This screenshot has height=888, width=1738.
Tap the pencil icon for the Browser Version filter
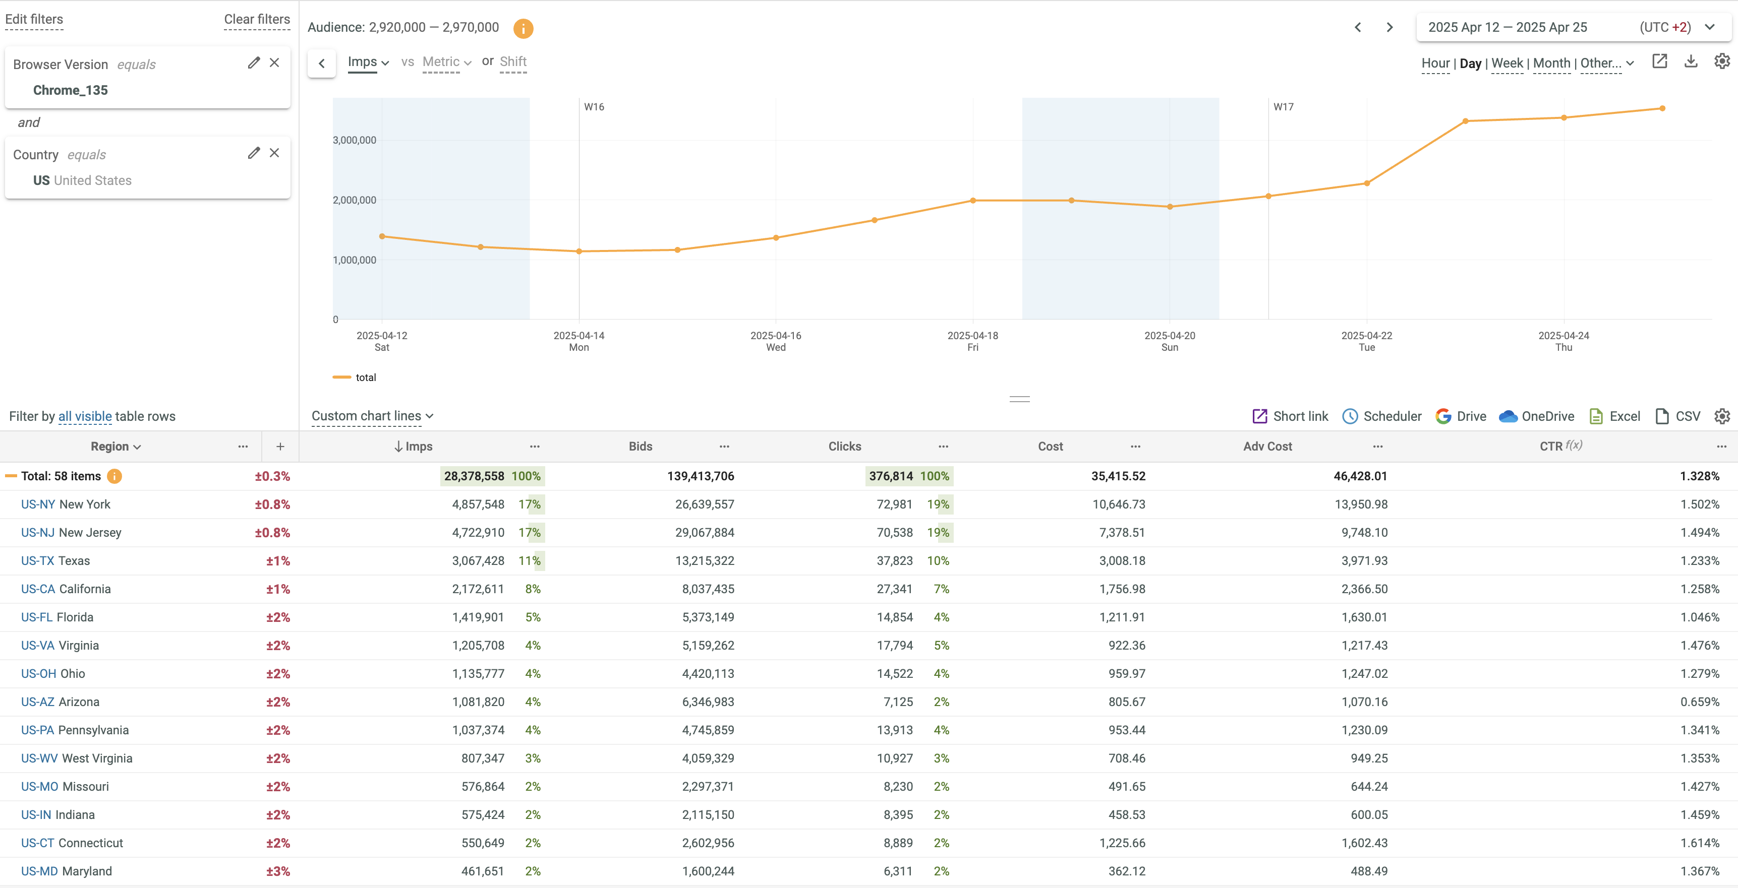coord(254,62)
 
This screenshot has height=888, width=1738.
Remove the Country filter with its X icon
coord(274,153)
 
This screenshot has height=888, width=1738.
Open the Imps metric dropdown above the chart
coord(368,62)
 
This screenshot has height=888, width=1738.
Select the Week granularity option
coord(1507,64)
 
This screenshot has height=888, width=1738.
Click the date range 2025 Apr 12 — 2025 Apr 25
coord(1507,28)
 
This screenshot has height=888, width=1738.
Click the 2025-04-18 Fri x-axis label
coord(972,341)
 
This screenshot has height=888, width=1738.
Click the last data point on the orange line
coord(1662,108)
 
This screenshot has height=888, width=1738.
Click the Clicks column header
coord(844,447)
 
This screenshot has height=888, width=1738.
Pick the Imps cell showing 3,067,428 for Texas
coord(478,561)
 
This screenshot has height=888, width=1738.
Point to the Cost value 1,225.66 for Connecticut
coord(1122,843)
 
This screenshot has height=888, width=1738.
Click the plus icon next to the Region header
coord(280,447)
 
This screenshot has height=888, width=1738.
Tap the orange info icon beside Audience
coord(523,28)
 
